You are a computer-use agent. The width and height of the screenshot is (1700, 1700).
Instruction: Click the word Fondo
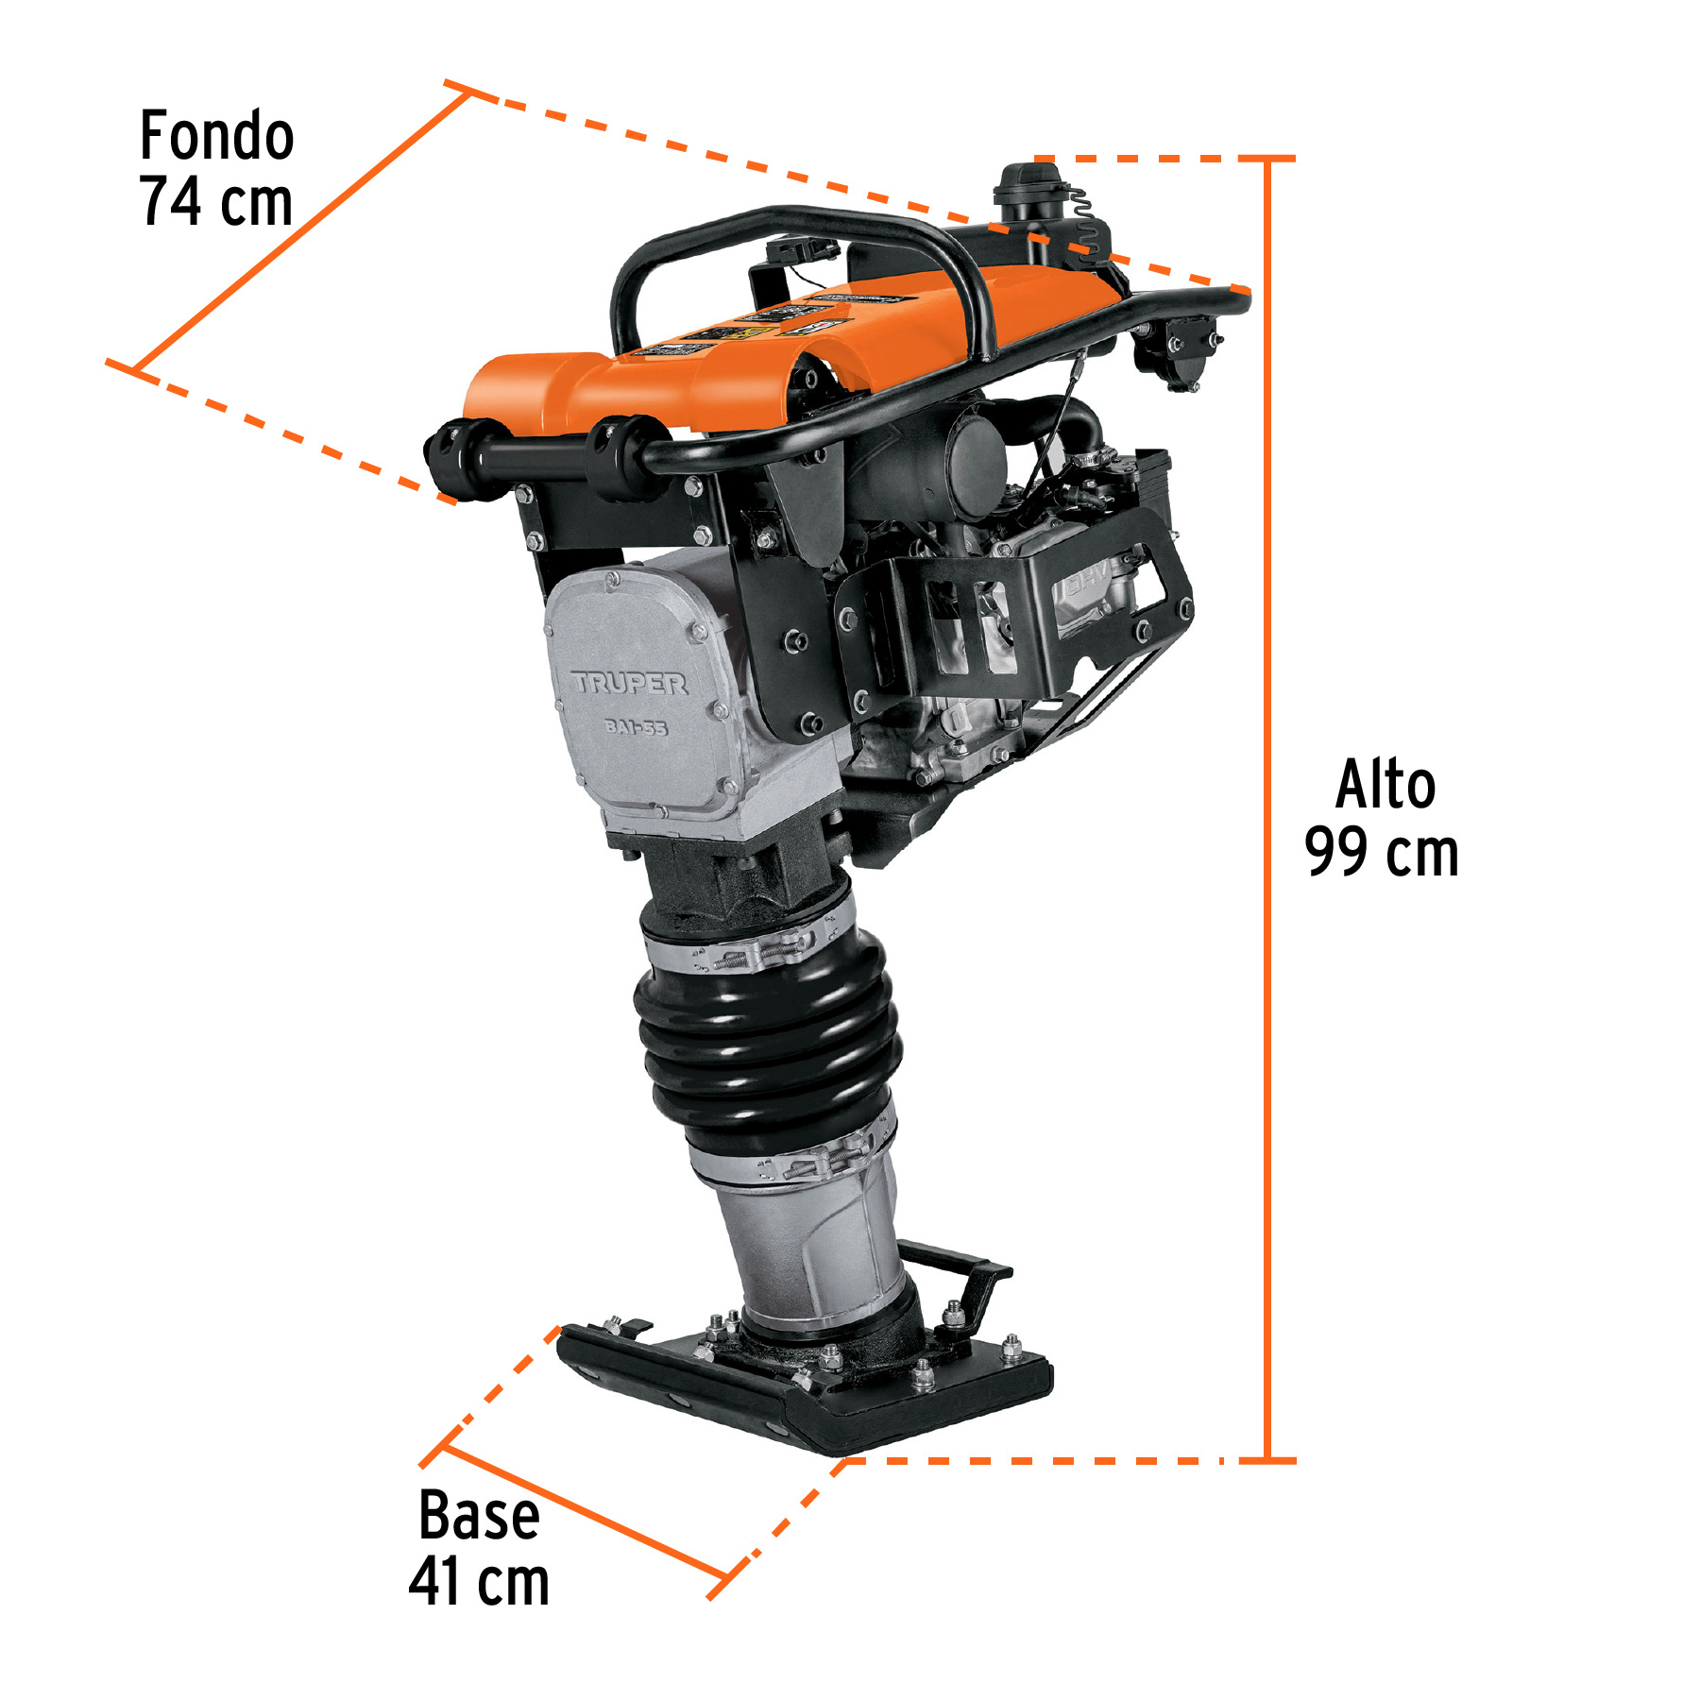pyautogui.click(x=216, y=136)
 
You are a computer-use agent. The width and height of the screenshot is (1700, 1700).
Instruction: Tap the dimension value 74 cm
pyautogui.click(x=216, y=202)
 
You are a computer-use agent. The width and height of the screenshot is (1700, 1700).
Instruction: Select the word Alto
pyautogui.click(x=1385, y=786)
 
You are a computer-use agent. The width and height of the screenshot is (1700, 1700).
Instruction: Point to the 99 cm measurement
pyautogui.click(x=1381, y=853)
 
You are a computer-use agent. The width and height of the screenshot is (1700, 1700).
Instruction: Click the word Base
pyautogui.click(x=479, y=1517)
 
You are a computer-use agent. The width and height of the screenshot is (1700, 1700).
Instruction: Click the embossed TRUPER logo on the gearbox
pyautogui.click(x=630, y=683)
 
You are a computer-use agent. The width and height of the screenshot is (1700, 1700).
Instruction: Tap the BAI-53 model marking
pyautogui.click(x=637, y=726)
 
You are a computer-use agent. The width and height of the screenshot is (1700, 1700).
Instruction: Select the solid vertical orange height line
pyautogui.click(x=1267, y=803)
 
